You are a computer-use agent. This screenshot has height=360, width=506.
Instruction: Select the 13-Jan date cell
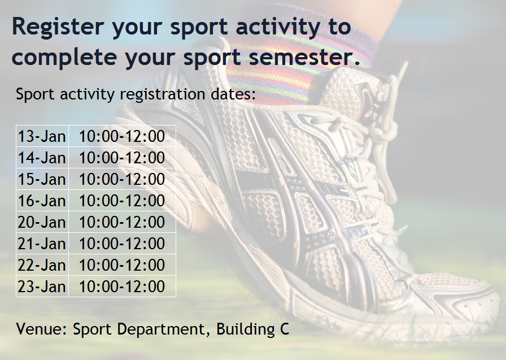click(x=42, y=136)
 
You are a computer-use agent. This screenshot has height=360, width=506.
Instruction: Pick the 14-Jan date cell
click(x=42, y=158)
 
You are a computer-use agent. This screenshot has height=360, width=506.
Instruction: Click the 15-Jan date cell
click(x=42, y=179)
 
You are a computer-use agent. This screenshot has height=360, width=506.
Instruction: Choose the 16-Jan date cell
click(x=42, y=201)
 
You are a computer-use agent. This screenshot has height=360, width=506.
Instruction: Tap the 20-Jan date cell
click(x=42, y=222)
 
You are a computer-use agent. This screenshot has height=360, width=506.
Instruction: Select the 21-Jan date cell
click(x=42, y=244)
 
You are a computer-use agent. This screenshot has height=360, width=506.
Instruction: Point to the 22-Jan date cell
click(x=42, y=264)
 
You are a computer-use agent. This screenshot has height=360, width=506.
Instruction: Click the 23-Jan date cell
click(x=42, y=287)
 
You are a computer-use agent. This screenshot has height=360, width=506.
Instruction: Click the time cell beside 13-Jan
click(x=122, y=136)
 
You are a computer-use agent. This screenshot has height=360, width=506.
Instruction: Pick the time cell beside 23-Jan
click(x=122, y=287)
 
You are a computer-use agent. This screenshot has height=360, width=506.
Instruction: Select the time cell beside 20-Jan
click(x=122, y=222)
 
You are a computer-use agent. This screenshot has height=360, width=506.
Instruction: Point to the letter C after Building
click(x=284, y=329)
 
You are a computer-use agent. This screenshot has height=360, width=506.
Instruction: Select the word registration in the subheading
click(x=162, y=94)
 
